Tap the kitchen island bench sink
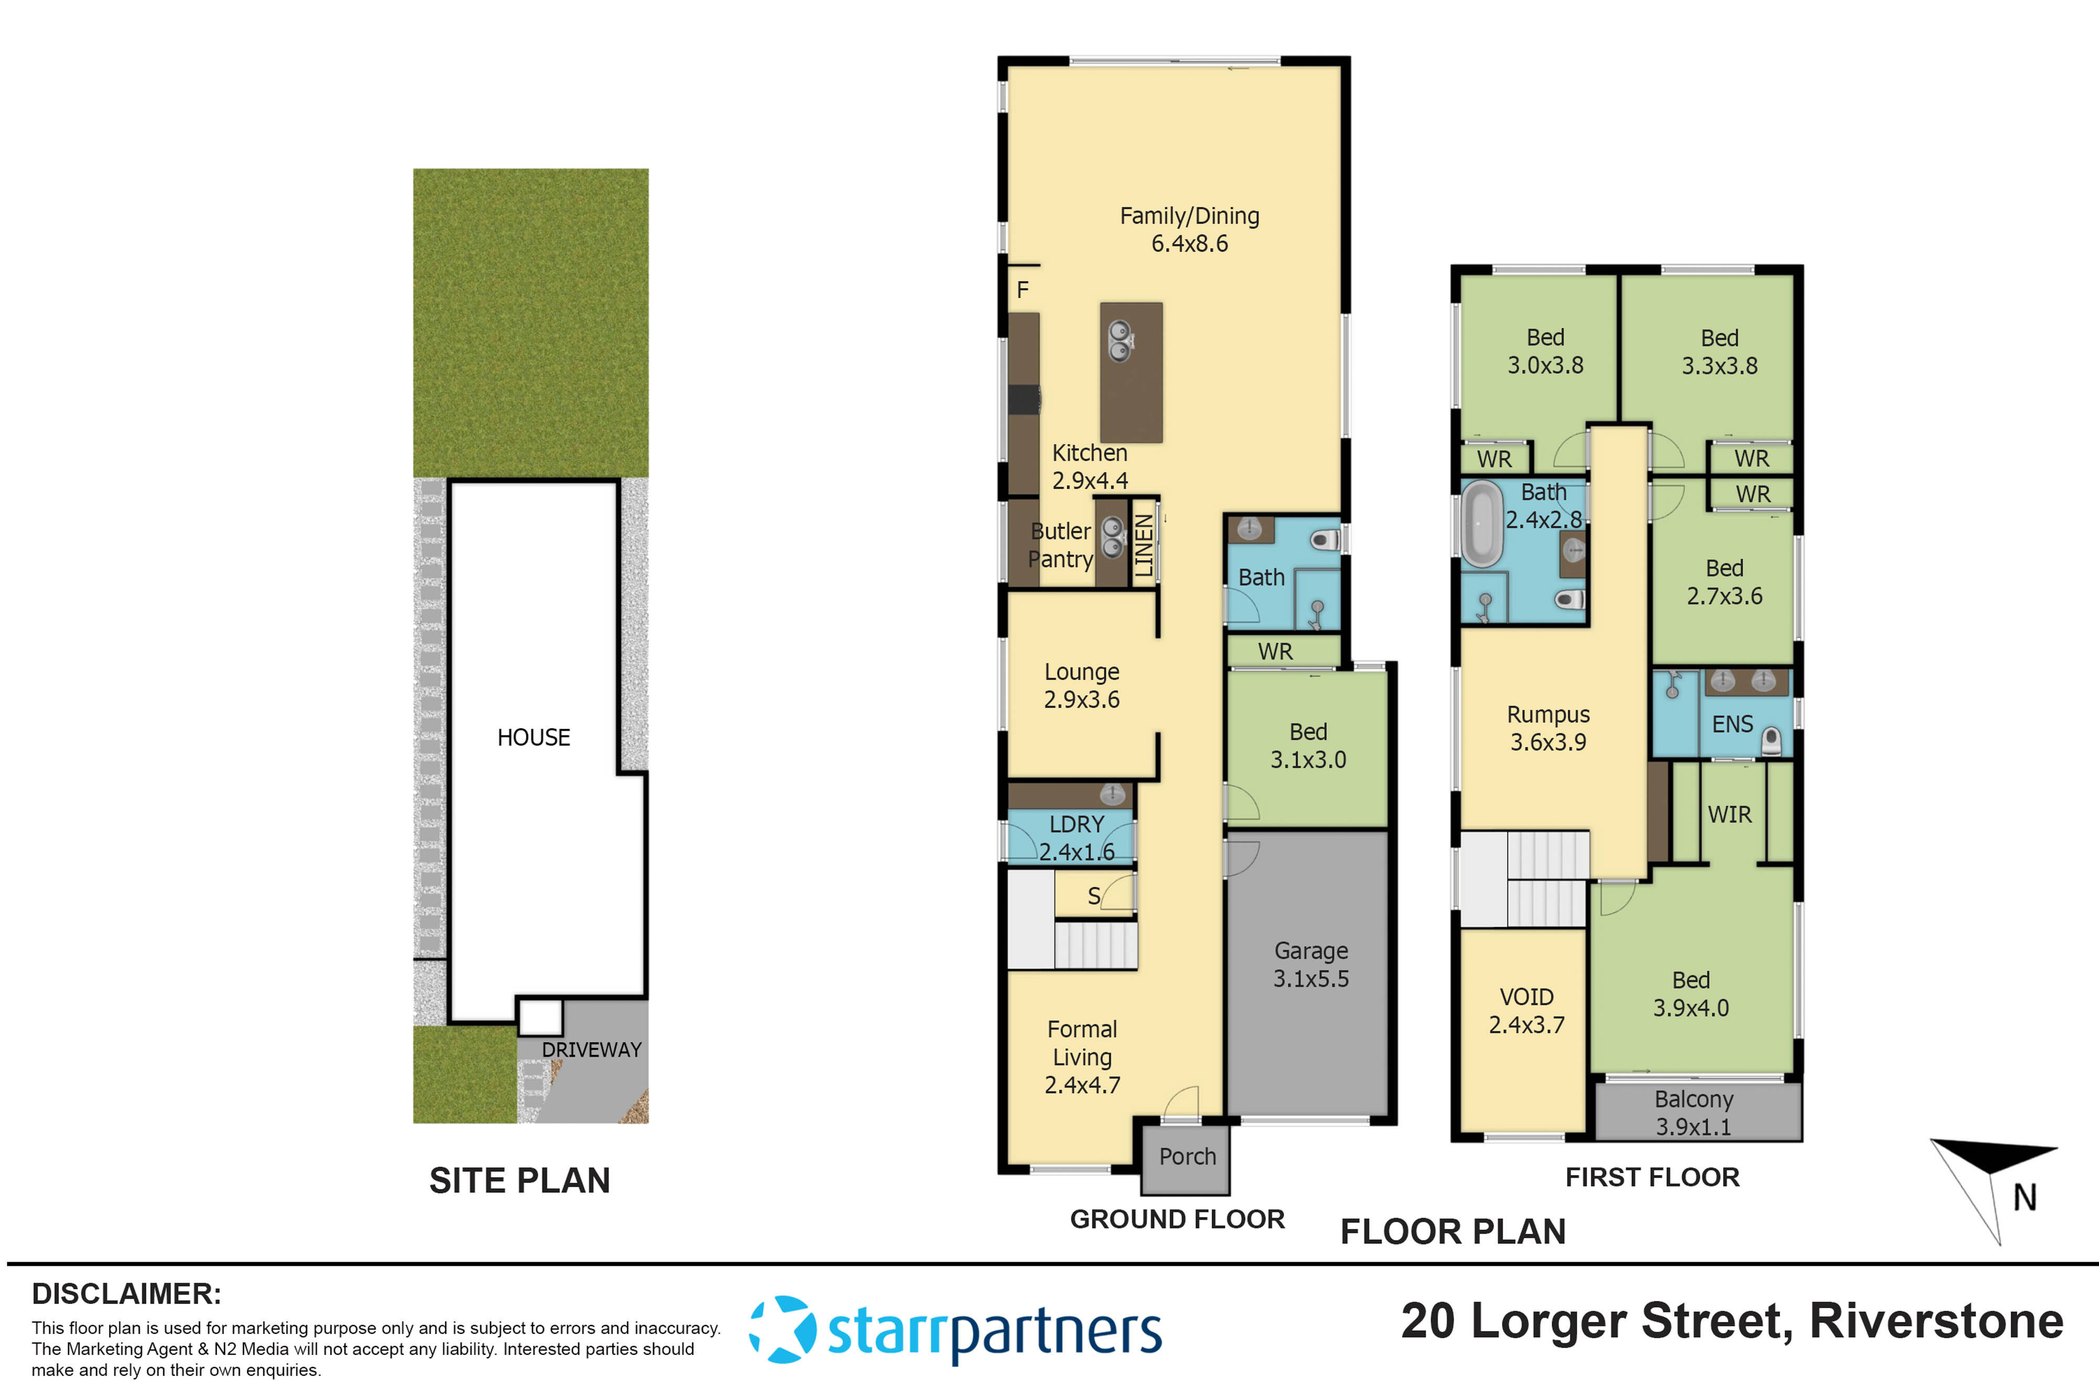pyautogui.click(x=1120, y=341)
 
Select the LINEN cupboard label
pyautogui.click(x=1143, y=545)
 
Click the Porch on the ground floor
pyautogui.click(x=1187, y=1157)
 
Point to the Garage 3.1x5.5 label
pyautogui.click(x=1310, y=965)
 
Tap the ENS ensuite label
pyautogui.click(x=1732, y=724)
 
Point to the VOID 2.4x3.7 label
pyautogui.click(x=1526, y=1011)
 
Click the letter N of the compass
pyautogui.click(x=2024, y=1198)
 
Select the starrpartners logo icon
pyautogui.click(x=782, y=1329)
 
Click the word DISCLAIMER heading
pyautogui.click(x=126, y=1294)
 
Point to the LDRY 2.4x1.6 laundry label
pyautogui.click(x=1076, y=838)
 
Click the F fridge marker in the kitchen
pyautogui.click(x=1023, y=290)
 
